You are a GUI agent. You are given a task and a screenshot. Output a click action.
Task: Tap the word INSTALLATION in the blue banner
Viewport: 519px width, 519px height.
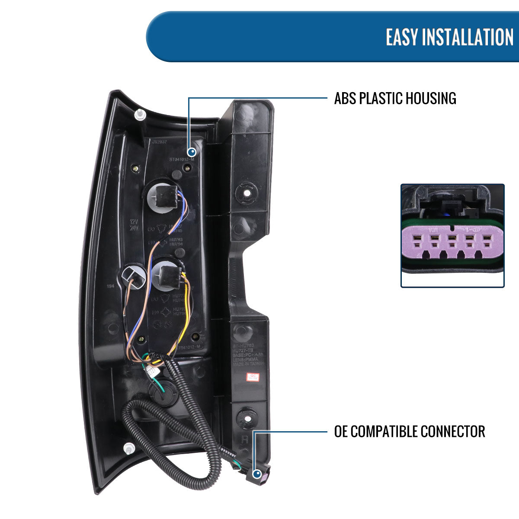coord(467,37)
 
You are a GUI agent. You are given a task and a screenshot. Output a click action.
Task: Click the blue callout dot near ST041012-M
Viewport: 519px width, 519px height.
coord(192,152)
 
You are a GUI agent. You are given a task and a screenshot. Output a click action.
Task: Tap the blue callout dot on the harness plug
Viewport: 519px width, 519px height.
coord(258,475)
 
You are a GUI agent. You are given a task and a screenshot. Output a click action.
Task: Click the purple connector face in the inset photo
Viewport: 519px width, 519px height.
coord(452,244)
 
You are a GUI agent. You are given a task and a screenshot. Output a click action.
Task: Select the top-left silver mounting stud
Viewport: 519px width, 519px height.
coord(139,114)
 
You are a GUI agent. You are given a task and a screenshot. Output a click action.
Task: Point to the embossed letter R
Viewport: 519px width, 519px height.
coord(245,440)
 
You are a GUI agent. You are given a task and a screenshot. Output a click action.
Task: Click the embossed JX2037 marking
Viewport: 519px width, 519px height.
coord(160,141)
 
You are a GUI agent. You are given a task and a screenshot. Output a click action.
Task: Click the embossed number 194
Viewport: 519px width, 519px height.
coord(111,286)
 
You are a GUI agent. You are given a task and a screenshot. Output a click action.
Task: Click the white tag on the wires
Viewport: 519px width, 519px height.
coord(151,371)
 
